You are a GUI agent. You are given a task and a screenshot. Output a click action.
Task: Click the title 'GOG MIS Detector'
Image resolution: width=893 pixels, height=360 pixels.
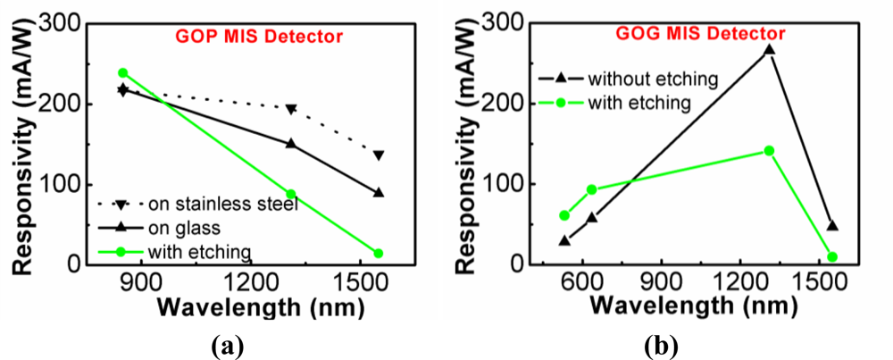[700, 33]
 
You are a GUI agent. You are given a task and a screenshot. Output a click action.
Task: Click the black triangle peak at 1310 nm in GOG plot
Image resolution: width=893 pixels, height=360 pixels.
[769, 50]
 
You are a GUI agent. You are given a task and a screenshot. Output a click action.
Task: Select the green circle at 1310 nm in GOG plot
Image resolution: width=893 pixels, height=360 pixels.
[769, 151]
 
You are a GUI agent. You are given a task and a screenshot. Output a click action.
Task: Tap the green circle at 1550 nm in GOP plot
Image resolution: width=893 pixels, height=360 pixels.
[379, 254]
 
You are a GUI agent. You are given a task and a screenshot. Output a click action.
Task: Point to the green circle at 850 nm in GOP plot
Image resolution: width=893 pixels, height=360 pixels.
[123, 73]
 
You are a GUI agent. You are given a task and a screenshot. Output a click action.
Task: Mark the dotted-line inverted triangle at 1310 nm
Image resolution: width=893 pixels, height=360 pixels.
[291, 109]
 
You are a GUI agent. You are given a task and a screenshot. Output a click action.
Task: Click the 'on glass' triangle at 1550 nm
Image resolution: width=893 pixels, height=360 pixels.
[379, 192]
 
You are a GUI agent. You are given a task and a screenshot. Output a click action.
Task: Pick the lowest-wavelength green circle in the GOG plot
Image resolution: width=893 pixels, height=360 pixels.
[563, 215]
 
